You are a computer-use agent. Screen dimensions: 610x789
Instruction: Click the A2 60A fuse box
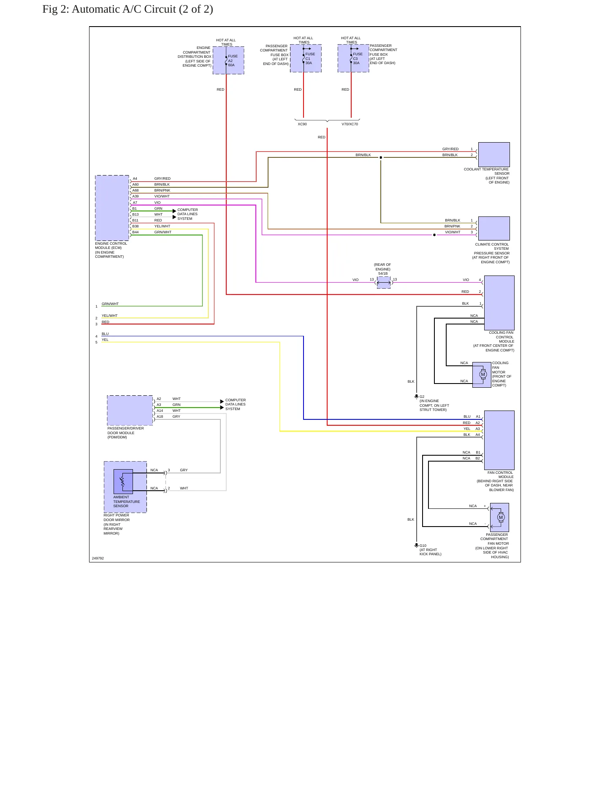coord(228,60)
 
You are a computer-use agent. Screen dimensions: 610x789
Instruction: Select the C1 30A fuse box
coord(306,58)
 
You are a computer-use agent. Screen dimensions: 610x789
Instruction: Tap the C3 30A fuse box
coord(353,58)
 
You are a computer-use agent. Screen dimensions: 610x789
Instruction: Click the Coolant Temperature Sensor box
coord(494,154)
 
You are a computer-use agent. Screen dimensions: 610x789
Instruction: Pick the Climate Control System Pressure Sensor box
coord(494,228)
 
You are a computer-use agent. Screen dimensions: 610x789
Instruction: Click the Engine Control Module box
coord(112,208)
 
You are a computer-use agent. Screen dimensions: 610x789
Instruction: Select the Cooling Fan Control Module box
coord(499,303)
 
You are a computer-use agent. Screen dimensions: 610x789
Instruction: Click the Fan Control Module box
coord(499,440)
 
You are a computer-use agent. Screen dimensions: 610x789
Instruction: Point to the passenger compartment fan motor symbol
coord(500,517)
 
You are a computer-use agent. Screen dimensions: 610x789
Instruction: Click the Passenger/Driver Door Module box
coord(130,410)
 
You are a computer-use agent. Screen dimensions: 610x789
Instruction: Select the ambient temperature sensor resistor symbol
coord(123,481)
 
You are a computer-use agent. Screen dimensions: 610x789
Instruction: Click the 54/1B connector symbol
coord(384,283)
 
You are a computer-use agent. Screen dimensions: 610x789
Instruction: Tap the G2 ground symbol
coord(416,397)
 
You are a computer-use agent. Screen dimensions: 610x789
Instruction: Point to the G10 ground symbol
coord(416,546)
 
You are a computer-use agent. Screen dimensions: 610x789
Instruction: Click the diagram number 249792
coord(98,558)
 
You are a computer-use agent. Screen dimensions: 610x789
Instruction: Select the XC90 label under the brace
coord(302,124)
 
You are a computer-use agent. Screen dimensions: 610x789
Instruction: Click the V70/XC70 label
coord(350,124)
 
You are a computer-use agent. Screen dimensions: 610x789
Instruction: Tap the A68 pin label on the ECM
coord(136,190)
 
